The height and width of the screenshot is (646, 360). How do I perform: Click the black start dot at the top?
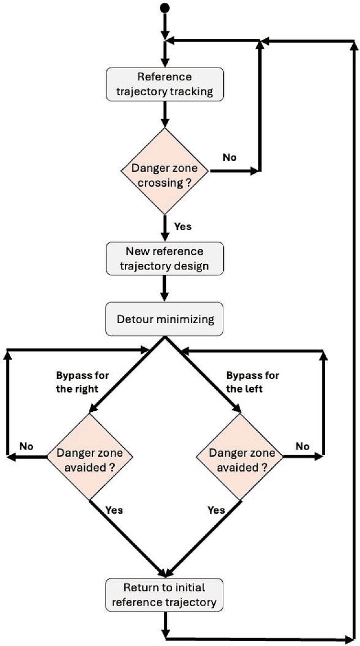[x=165, y=7]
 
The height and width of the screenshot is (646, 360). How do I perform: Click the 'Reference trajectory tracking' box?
[x=165, y=84]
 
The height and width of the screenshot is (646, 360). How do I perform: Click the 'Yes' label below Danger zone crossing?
[x=183, y=226]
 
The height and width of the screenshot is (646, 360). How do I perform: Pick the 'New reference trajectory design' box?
[x=165, y=258]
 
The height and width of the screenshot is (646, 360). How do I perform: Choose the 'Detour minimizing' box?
[x=165, y=319]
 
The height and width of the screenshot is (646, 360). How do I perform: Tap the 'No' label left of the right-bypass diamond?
[x=26, y=446]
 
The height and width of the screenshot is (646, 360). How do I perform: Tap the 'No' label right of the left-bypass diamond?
[x=303, y=446]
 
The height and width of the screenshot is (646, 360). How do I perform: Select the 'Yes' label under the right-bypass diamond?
[x=114, y=510]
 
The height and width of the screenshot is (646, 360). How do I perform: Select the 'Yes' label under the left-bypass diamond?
[x=216, y=510]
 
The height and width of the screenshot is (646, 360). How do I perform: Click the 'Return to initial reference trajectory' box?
[x=165, y=595]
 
